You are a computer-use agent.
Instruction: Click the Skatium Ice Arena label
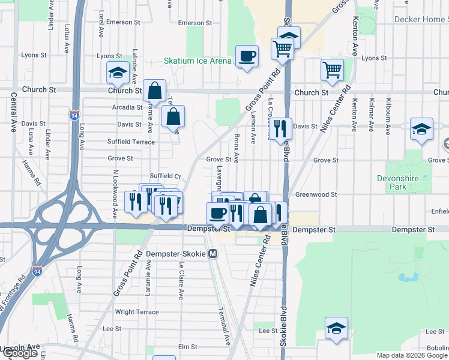197,61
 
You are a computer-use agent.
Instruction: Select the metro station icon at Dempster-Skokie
212,254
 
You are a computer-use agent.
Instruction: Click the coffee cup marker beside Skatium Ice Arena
247,57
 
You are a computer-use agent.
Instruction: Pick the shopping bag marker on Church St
154,91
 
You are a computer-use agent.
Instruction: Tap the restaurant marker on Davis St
280,128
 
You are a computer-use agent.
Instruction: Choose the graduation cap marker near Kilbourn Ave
421,130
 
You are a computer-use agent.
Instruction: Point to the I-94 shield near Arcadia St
74,115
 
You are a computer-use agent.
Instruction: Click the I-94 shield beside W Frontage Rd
37,271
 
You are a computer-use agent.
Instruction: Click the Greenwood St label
316,194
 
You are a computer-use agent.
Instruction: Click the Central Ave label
12,121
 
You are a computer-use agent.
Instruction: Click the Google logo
20,353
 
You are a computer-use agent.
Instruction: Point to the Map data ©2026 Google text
411,355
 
